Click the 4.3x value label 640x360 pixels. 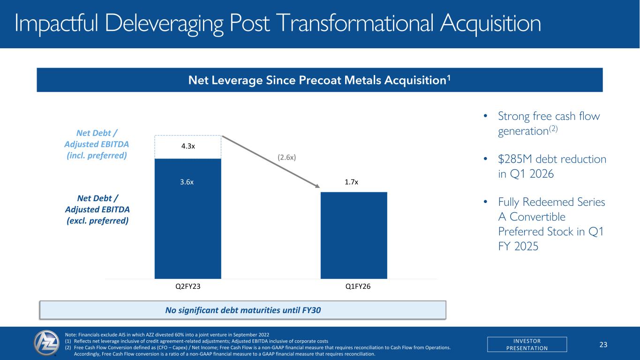pyautogui.click(x=188, y=146)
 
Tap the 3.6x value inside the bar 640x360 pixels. pyautogui.click(x=188, y=182)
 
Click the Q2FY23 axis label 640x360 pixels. pyautogui.click(x=188, y=286)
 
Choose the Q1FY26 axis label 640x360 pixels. pyautogui.click(x=354, y=286)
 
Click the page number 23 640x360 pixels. pyautogui.click(x=603, y=345)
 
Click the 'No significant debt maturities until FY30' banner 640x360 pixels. pyautogui.click(x=242, y=310)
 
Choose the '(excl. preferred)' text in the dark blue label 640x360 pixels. pyautogui.click(x=96, y=220)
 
